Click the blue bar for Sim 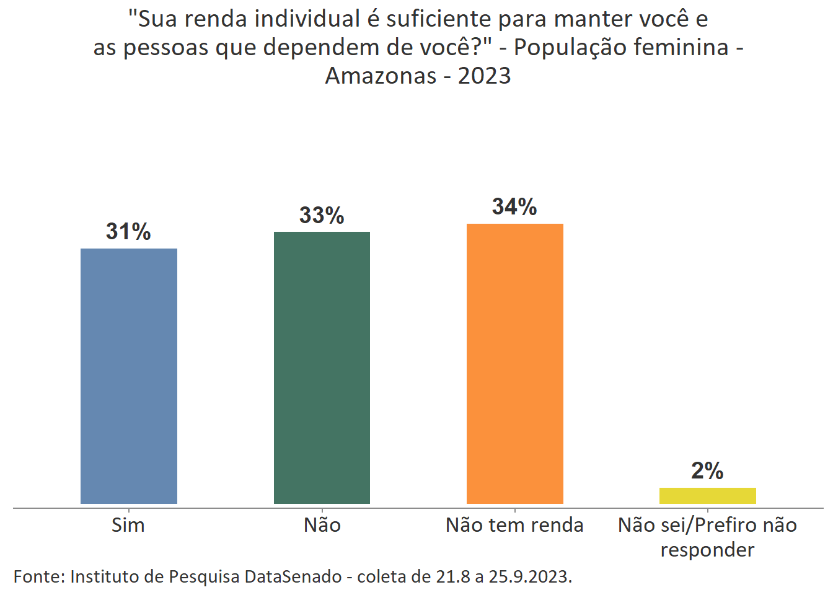point(128,376)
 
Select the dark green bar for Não point(322,368)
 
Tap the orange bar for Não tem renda point(514,363)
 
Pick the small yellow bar point(707,496)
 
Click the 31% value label point(128,231)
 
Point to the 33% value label point(322,215)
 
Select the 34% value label point(514,206)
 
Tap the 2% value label point(707,471)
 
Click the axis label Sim point(128,525)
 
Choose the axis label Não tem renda point(514,525)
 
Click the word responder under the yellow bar point(707,550)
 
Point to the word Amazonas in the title point(381,76)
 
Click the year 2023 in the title point(485,76)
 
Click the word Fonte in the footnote point(38,576)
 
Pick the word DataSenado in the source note point(293,576)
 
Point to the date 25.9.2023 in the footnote point(530,576)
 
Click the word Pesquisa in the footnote point(204,576)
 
